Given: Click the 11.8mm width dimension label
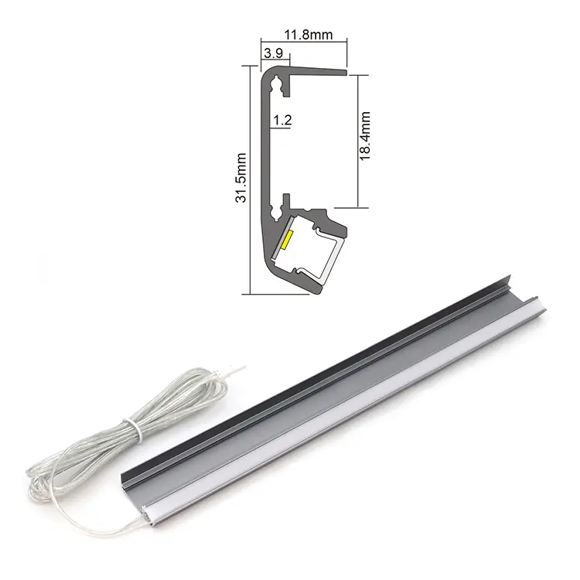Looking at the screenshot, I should coord(308,35).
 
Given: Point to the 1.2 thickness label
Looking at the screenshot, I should coord(282,120).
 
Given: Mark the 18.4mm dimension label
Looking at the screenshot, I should coord(366,136).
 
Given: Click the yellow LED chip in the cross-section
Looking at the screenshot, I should coord(285,240).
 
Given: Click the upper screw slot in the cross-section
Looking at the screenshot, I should coord(285,89).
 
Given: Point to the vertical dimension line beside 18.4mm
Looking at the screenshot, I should coord(357,139).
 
